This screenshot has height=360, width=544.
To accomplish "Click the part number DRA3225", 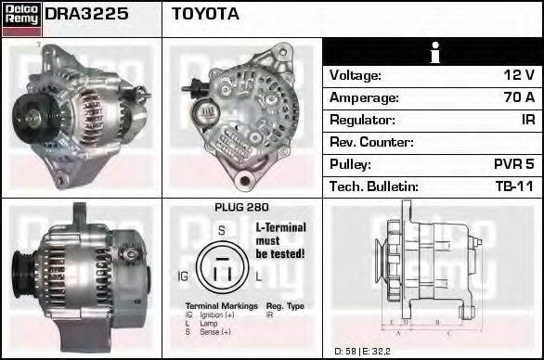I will (85, 15).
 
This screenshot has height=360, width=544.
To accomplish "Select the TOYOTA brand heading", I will (205, 15).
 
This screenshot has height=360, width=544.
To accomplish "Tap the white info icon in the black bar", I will (433, 53).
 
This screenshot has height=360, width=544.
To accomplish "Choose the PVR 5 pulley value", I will (513, 164).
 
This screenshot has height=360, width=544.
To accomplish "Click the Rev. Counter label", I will (371, 143).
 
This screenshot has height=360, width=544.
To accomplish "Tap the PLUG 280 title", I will (240, 208).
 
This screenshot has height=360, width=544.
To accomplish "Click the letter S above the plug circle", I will (221, 229).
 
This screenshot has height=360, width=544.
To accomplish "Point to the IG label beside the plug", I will (183, 276).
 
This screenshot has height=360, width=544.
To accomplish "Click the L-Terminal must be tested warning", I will (279, 239).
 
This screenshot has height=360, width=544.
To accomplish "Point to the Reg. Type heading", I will (285, 305).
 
